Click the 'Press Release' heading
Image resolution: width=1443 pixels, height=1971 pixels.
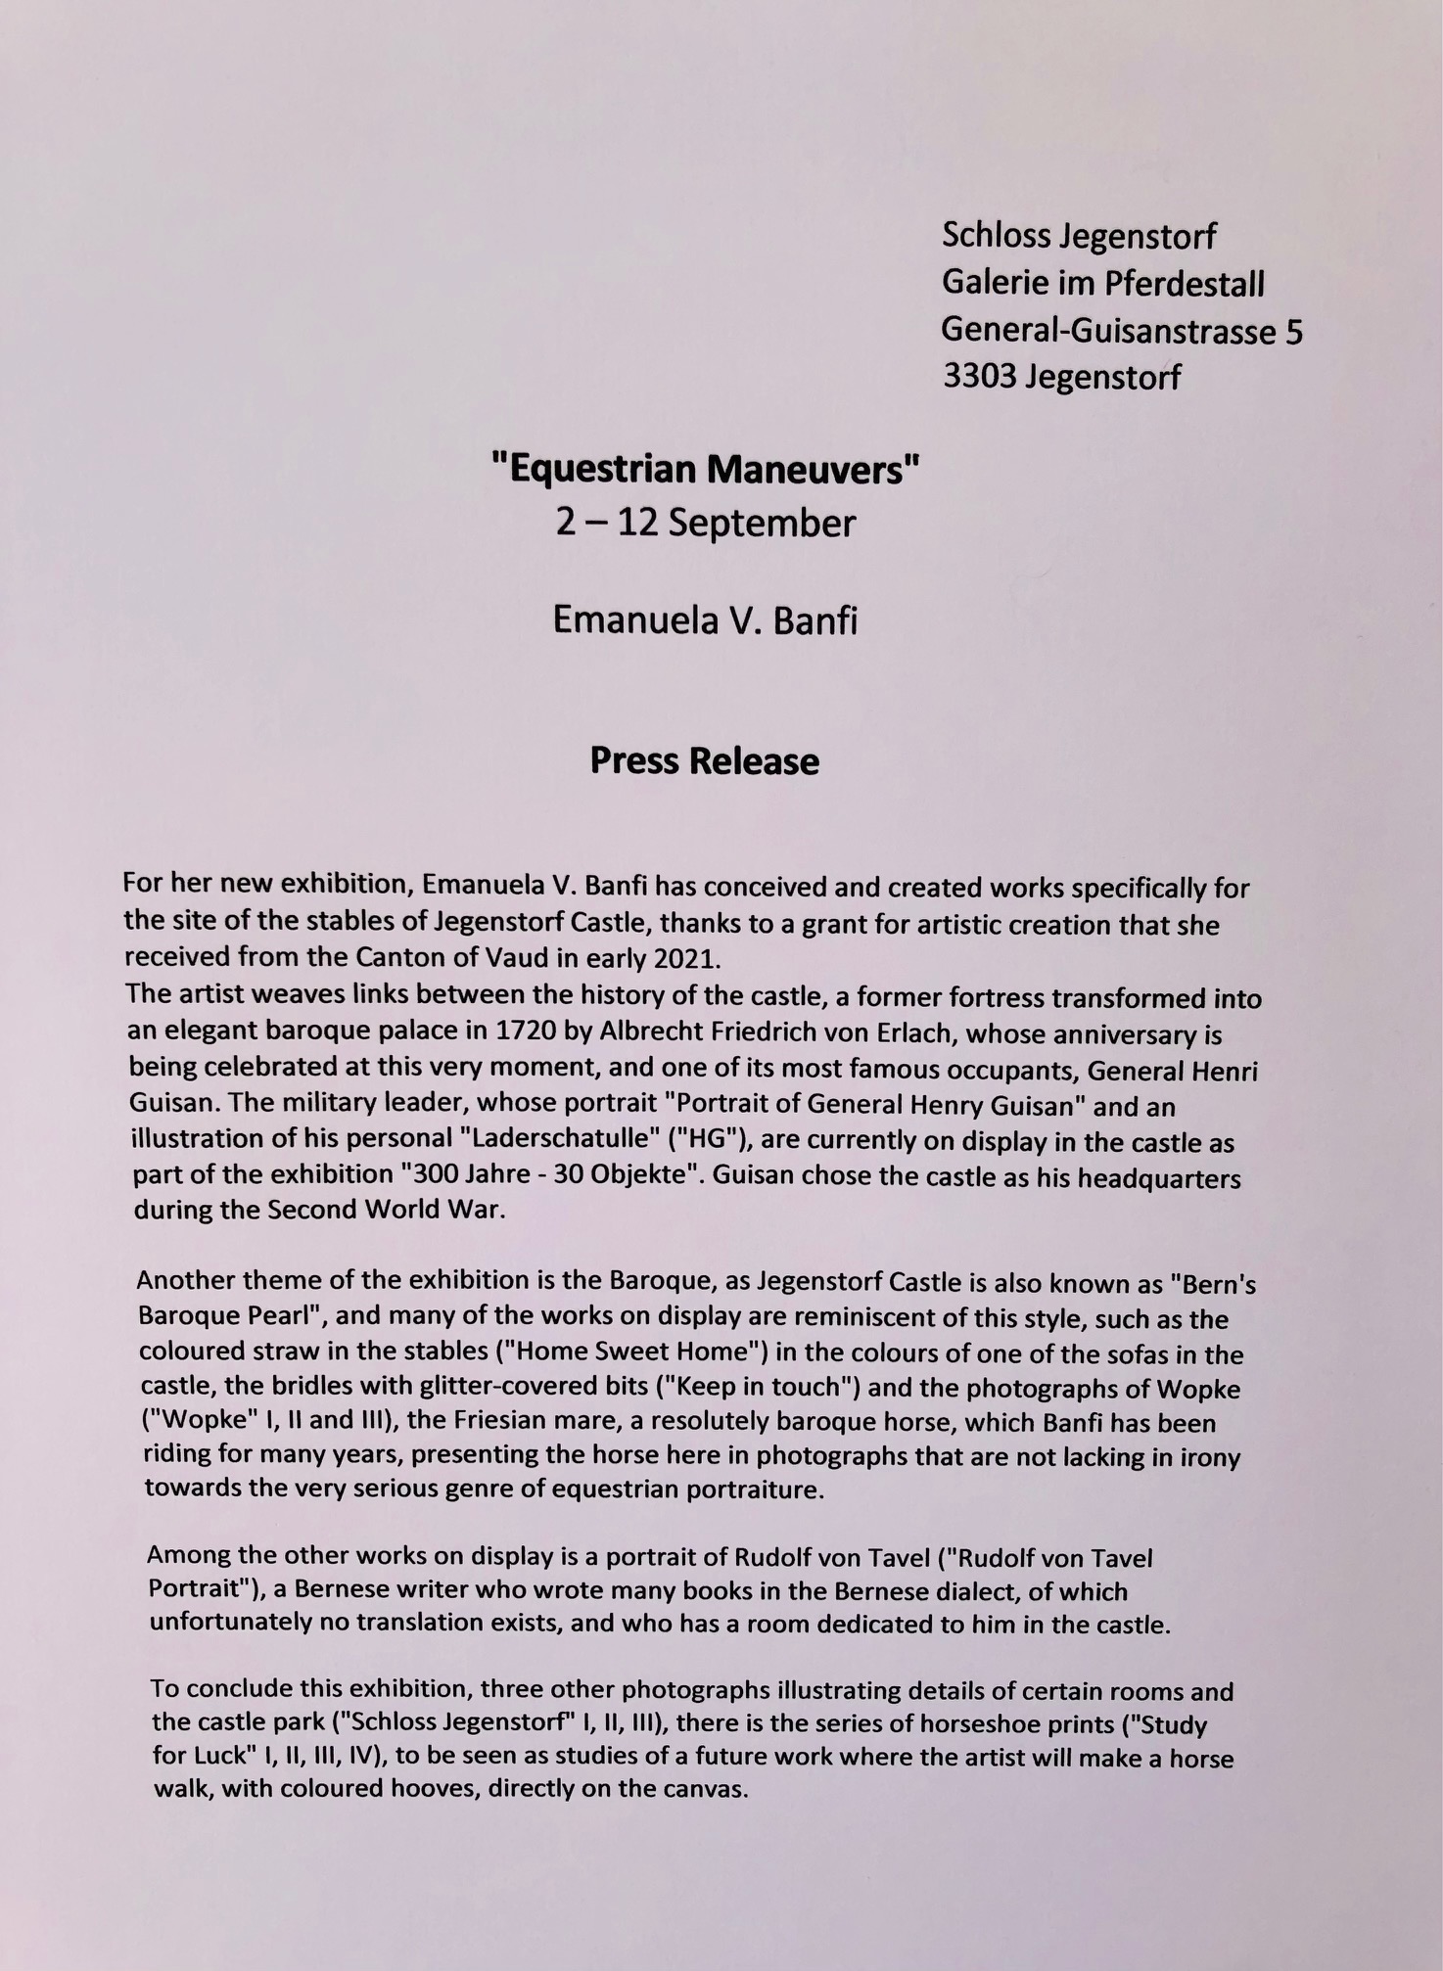click(x=704, y=761)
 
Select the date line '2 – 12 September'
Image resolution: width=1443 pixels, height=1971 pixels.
click(x=704, y=524)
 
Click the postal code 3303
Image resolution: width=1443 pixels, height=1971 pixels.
click(x=978, y=377)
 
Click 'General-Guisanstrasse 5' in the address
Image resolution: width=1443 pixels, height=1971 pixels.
click(x=1121, y=331)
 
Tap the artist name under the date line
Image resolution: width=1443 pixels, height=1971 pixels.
click(x=704, y=621)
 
